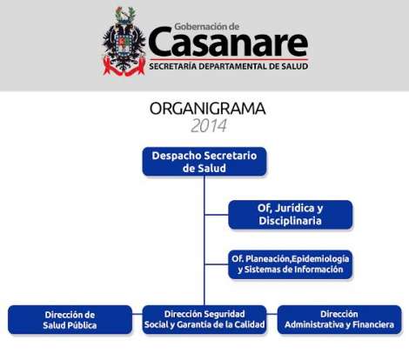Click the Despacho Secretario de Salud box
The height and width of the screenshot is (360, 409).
coord(204,162)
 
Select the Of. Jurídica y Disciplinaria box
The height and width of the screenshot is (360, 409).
coord(291,215)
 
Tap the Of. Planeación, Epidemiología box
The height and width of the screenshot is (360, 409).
coord(291,264)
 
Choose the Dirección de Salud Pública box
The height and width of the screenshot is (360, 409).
coord(70,320)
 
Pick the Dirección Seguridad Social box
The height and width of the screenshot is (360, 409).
coord(204,319)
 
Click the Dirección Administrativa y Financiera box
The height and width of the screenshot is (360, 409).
coord(339,319)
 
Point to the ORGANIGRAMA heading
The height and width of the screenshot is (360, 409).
coord(207,109)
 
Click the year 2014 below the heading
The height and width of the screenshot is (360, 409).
coord(209,125)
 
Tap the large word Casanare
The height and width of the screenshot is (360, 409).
coord(228,42)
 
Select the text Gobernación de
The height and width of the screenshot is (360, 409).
coord(207,27)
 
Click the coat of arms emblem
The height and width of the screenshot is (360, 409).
coord(124,41)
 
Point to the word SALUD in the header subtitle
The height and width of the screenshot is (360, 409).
coord(295,66)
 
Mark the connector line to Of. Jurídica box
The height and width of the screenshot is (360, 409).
coord(217,215)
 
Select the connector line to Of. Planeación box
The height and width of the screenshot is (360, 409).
coord(217,264)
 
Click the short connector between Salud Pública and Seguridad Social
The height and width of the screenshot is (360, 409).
coord(137,314)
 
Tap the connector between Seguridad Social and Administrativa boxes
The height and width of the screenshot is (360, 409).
coord(272,314)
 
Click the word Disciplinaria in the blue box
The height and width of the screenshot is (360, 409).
coord(290,221)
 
